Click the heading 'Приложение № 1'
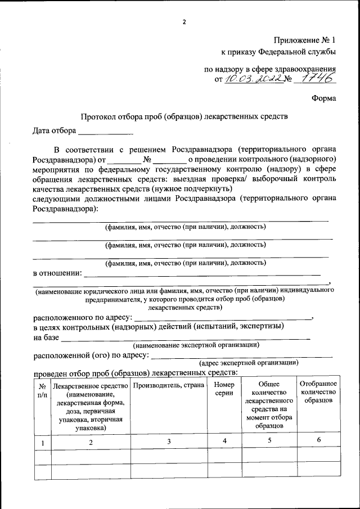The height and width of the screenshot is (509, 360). pyautogui.click(x=304, y=40)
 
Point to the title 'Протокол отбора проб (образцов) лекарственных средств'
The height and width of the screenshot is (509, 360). pyautogui.click(x=184, y=117)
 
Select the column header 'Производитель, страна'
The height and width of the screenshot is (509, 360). pyautogui.click(x=168, y=385)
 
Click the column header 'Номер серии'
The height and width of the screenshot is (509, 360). pyautogui.click(x=224, y=389)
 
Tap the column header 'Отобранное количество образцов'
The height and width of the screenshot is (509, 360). pyautogui.click(x=318, y=391)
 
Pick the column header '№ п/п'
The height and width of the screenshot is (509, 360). pyautogui.click(x=42, y=391)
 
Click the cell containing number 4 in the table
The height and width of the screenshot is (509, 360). pyautogui.click(x=224, y=441)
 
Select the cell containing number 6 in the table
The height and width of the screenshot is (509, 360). pyautogui.click(x=318, y=440)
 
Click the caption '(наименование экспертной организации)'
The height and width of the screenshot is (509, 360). pyautogui.click(x=196, y=344)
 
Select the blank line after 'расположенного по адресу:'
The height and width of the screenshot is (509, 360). pyautogui.click(x=222, y=317)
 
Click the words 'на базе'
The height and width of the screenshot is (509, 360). pyautogui.click(x=46, y=337)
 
